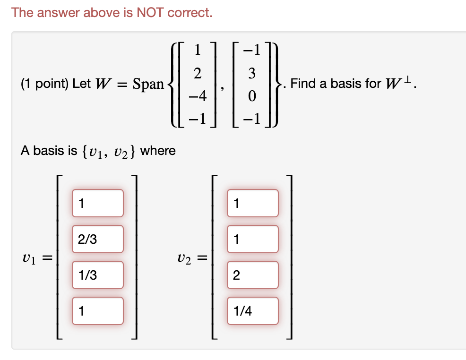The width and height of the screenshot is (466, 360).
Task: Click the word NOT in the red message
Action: (149, 13)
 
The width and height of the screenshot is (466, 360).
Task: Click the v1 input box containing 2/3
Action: (97, 239)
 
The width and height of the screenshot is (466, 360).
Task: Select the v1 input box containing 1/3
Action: (97, 275)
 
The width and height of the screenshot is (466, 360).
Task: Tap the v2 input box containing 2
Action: (252, 275)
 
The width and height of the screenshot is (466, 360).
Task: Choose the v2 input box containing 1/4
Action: (252, 311)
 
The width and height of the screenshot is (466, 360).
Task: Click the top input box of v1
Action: (97, 203)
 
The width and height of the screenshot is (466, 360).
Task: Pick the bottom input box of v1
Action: (97, 311)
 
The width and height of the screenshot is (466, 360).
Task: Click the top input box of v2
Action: (252, 203)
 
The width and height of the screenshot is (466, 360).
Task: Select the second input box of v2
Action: (252, 239)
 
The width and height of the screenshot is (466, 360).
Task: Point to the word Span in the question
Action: (148, 84)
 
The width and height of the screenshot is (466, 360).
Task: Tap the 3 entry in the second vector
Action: (252, 73)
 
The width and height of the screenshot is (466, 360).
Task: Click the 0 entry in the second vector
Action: (252, 96)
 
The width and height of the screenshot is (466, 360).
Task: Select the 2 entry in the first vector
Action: (198, 73)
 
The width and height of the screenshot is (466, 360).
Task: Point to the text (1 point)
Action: (44, 84)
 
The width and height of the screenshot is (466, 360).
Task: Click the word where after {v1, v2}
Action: (158, 151)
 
